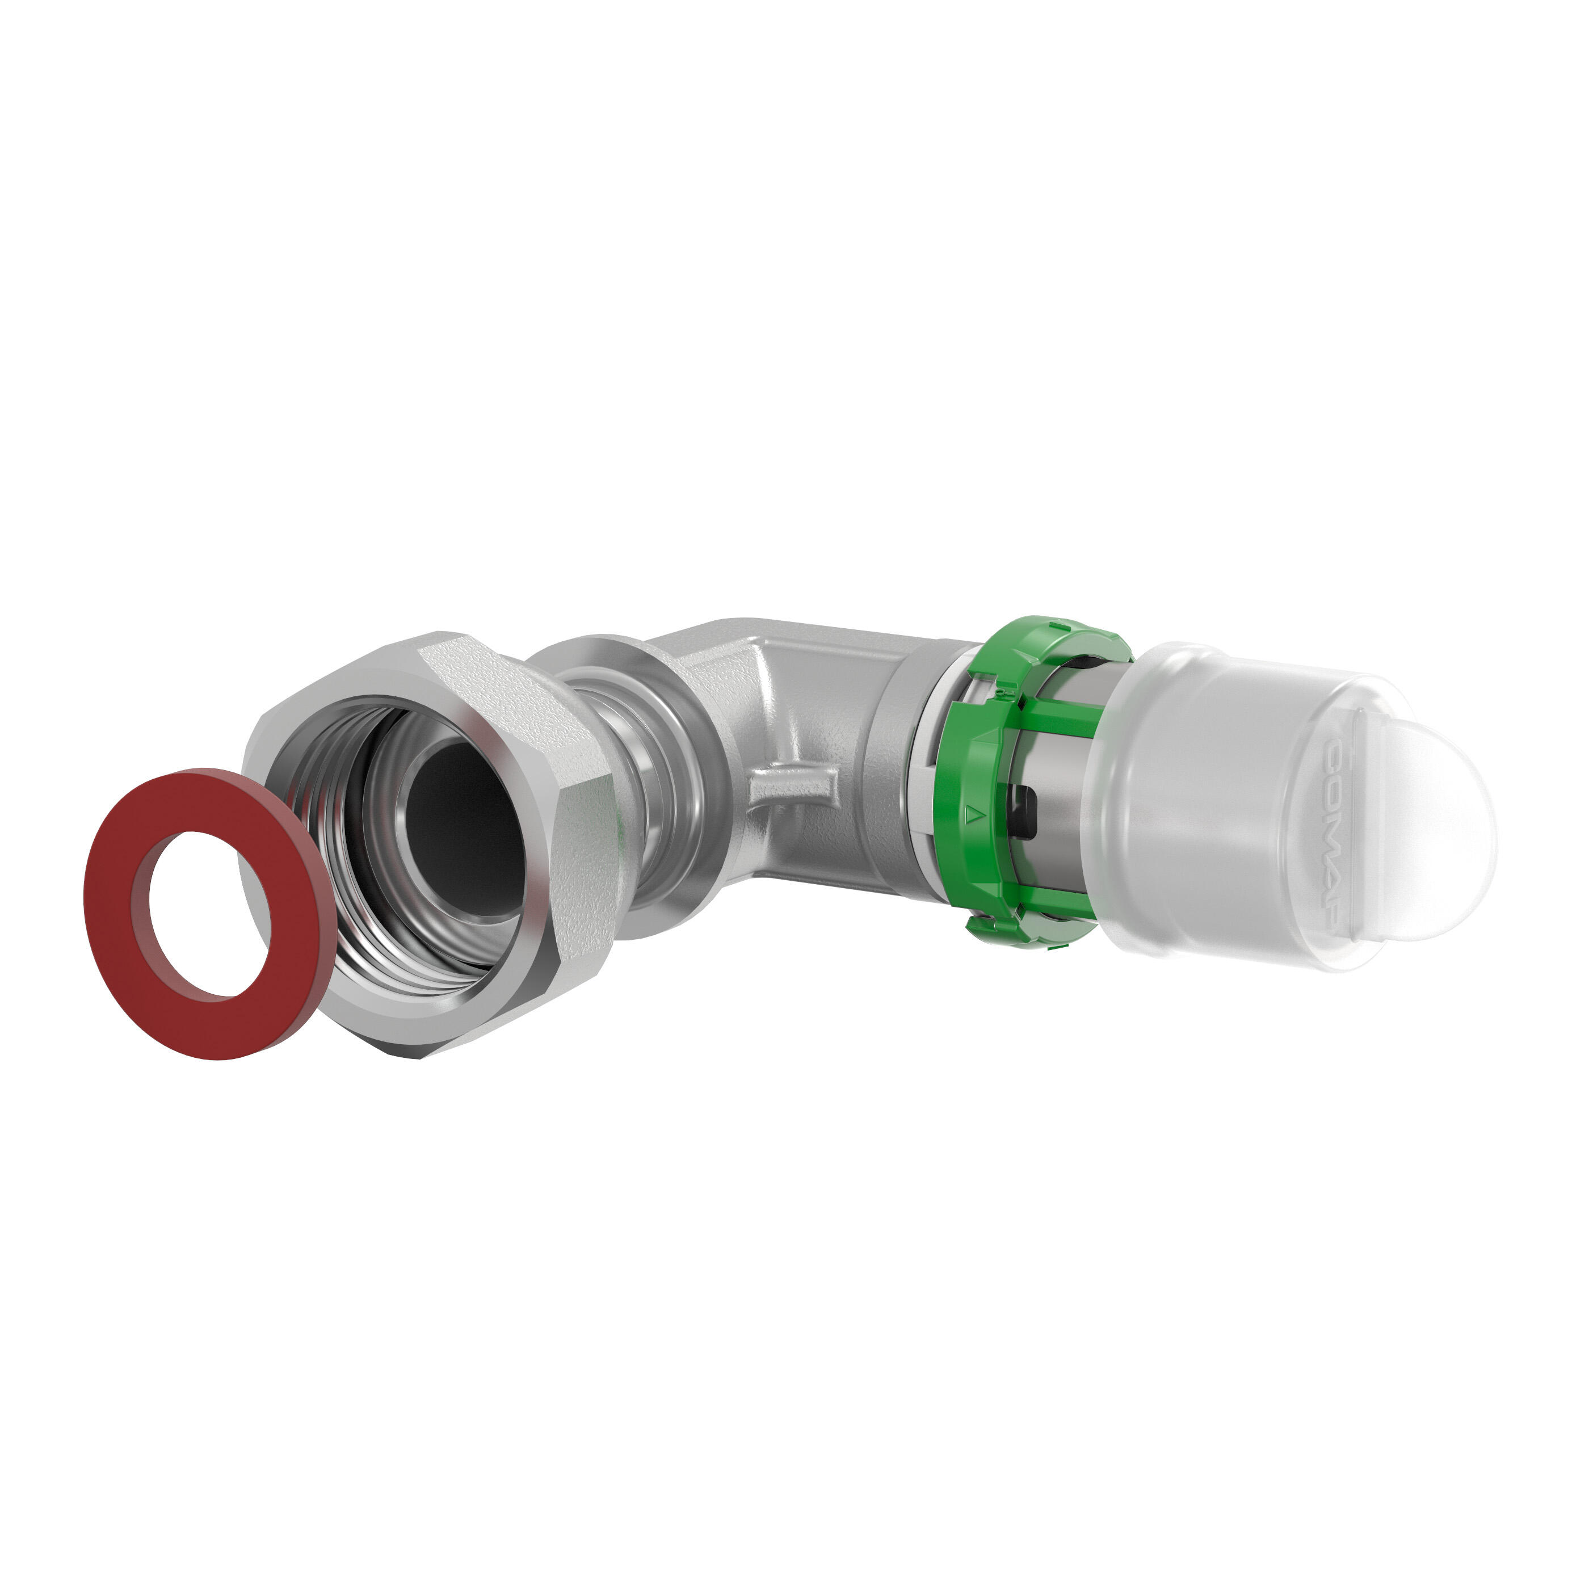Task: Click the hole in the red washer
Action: click(201, 914)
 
